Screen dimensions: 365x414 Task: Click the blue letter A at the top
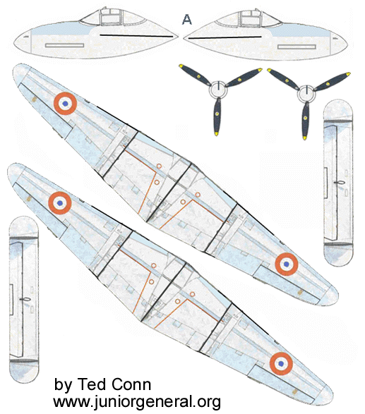[186, 20]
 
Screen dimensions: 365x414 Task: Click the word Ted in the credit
[90, 384]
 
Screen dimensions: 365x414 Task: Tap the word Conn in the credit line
[131, 384]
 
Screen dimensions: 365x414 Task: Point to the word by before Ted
[63, 385]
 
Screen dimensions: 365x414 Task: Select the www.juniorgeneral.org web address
[137, 402]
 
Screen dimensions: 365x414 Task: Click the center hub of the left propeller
[218, 90]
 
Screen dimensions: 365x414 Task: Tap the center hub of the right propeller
[306, 94]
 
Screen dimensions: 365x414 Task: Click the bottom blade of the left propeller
[217, 116]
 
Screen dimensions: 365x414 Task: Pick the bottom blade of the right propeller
[306, 121]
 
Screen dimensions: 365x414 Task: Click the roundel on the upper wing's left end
[65, 104]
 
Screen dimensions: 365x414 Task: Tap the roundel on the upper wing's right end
[286, 264]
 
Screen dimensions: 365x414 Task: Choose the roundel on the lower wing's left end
[60, 203]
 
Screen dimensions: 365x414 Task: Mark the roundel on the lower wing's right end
[281, 363]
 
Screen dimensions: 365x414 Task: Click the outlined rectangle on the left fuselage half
[64, 45]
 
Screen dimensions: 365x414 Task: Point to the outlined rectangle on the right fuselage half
[297, 47]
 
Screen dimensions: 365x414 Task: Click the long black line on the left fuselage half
[136, 35]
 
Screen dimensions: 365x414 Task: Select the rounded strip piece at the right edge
[338, 183]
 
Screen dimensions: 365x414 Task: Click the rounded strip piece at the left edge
[24, 300]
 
